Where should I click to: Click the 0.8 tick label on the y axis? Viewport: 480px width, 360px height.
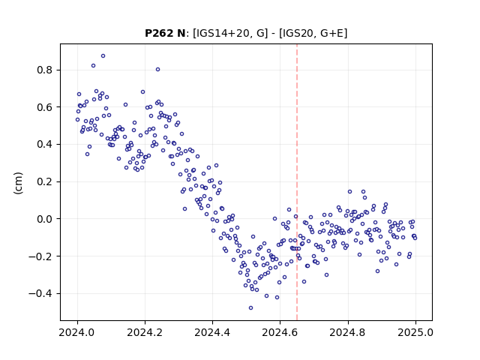coord(45,70)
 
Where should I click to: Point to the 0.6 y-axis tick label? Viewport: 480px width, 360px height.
coord(45,107)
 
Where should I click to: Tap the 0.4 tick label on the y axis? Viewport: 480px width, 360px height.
coord(45,144)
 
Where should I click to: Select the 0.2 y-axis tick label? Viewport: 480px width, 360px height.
coord(45,181)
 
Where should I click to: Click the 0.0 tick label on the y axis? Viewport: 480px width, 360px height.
coord(45,219)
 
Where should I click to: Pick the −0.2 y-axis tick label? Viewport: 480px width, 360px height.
coord(40,256)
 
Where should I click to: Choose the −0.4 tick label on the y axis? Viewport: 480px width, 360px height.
coord(40,293)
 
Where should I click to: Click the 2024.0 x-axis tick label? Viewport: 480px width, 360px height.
coord(77,332)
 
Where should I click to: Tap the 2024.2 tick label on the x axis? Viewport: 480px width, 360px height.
coord(145,332)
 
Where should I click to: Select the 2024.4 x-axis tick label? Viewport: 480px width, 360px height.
coord(212,332)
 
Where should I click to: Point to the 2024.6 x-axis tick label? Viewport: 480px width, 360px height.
coord(280,332)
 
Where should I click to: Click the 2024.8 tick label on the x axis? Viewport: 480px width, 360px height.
coord(347,332)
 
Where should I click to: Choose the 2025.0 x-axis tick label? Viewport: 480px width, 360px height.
coord(415,332)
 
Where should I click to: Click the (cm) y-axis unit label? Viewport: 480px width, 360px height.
coord(18,183)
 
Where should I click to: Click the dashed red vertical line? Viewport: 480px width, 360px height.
coord(297,182)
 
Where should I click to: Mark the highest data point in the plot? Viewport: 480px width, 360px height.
coord(103,56)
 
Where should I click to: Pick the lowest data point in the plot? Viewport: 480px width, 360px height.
coord(250,308)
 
